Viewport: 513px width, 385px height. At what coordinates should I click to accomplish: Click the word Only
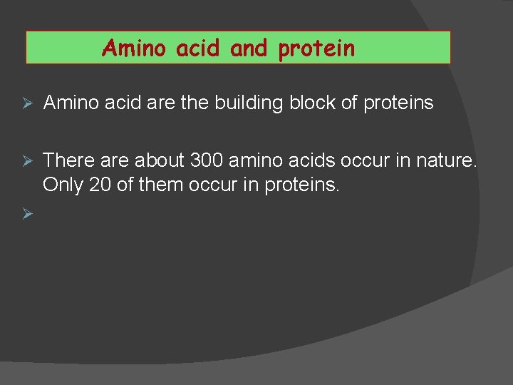62,185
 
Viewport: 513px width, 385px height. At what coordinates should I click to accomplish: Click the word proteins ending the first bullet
398,103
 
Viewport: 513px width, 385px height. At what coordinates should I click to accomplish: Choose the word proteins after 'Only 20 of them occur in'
302,185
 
